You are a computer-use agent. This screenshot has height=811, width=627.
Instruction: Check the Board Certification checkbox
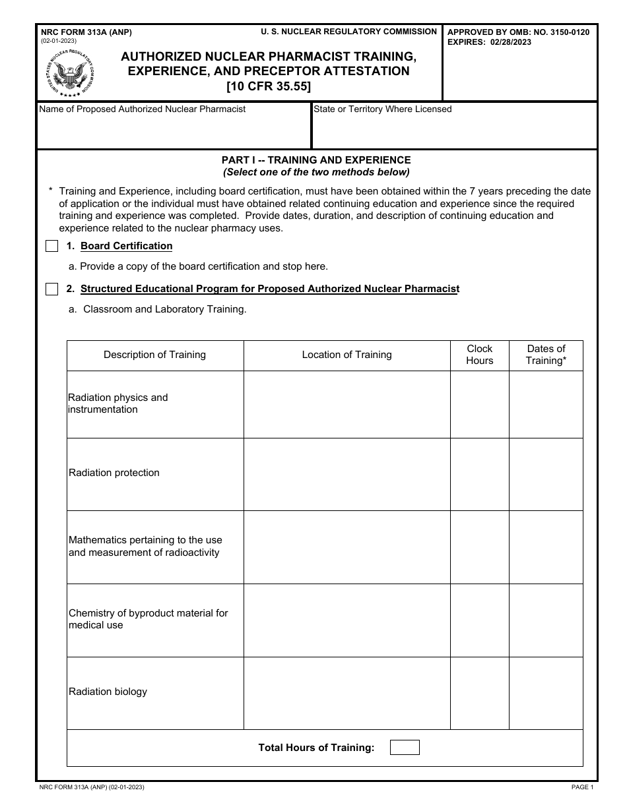click(52, 247)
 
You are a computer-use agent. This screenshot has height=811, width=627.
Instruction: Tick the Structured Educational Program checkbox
click(52, 289)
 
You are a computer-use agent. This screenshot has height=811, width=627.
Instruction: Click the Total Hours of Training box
click(405, 748)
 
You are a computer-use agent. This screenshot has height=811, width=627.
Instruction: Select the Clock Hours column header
click(479, 355)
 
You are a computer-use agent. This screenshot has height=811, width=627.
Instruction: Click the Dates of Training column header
click(546, 355)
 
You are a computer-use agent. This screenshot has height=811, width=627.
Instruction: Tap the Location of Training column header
click(346, 355)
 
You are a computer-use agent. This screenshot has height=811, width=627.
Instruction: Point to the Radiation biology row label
click(108, 692)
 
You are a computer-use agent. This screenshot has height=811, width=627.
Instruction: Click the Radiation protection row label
click(114, 473)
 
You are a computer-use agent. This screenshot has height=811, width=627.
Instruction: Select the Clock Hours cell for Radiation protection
click(479, 474)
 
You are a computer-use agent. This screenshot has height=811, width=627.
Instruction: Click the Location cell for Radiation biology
click(346, 692)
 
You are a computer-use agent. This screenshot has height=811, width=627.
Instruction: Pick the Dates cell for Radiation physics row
click(546, 404)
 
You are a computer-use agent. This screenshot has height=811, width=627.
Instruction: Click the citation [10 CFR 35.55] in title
click(268, 86)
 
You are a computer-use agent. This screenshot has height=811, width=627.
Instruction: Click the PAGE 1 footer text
click(582, 787)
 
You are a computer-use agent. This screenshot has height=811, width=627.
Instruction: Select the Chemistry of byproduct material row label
click(148, 619)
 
